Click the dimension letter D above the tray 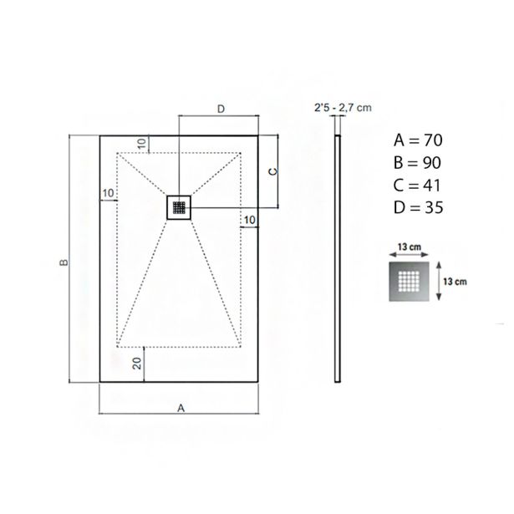click(221, 109)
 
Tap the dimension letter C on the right click(273, 171)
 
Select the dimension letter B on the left click(64, 262)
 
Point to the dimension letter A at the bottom click(181, 408)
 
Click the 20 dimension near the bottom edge click(137, 364)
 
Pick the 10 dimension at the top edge click(141, 144)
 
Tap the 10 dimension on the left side click(108, 193)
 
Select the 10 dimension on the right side click(250, 220)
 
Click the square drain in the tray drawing click(179, 207)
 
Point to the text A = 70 click(418, 140)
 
